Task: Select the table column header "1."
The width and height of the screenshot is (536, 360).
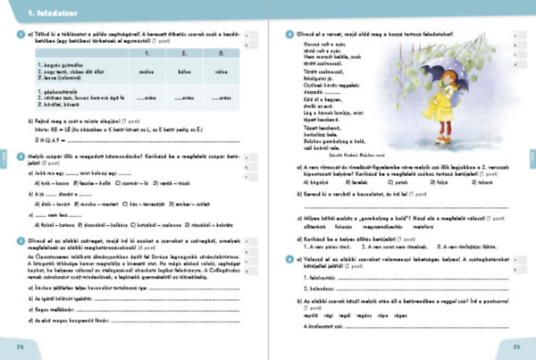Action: tap(146, 53)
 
